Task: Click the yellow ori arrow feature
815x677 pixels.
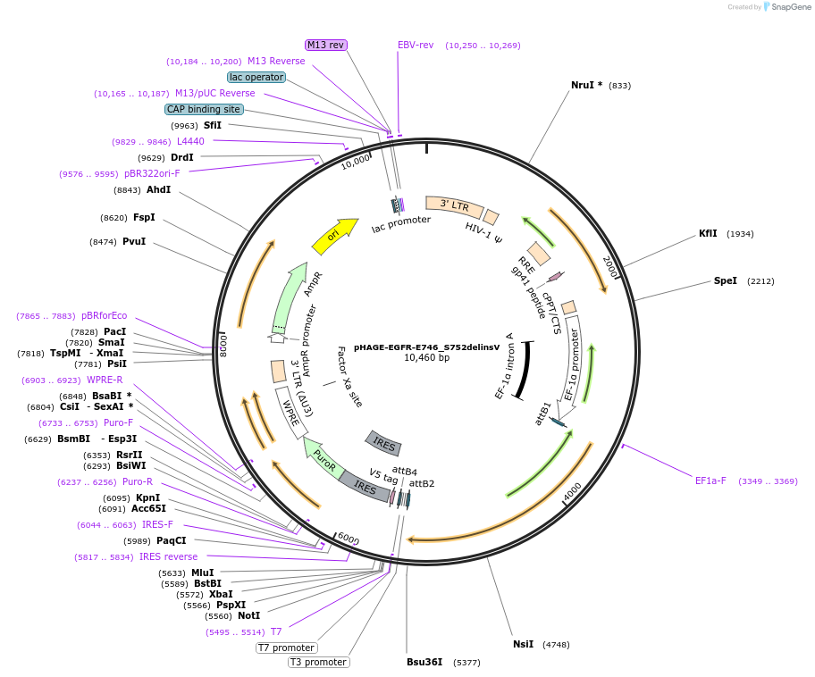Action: (335, 237)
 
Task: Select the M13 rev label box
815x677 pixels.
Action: (326, 46)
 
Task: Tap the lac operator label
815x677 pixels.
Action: (256, 78)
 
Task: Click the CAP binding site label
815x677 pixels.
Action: (204, 110)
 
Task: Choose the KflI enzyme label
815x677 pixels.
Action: (708, 234)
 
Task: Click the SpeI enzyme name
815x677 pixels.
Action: (725, 281)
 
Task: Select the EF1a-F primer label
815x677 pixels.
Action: (710, 481)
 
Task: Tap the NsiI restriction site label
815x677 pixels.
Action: (524, 644)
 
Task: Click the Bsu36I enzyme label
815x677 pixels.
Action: (424, 663)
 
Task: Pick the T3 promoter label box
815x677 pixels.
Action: (319, 663)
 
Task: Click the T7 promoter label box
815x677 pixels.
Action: (287, 648)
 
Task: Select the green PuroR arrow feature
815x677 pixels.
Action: (323, 457)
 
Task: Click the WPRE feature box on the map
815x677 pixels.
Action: (291, 412)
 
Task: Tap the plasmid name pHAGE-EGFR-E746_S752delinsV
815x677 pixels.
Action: (427, 347)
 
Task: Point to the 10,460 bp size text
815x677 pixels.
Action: (427, 358)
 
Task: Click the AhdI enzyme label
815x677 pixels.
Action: (158, 189)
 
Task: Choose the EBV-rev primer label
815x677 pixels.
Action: (416, 46)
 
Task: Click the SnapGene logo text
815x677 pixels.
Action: (791, 7)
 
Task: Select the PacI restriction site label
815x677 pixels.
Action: (115, 331)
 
